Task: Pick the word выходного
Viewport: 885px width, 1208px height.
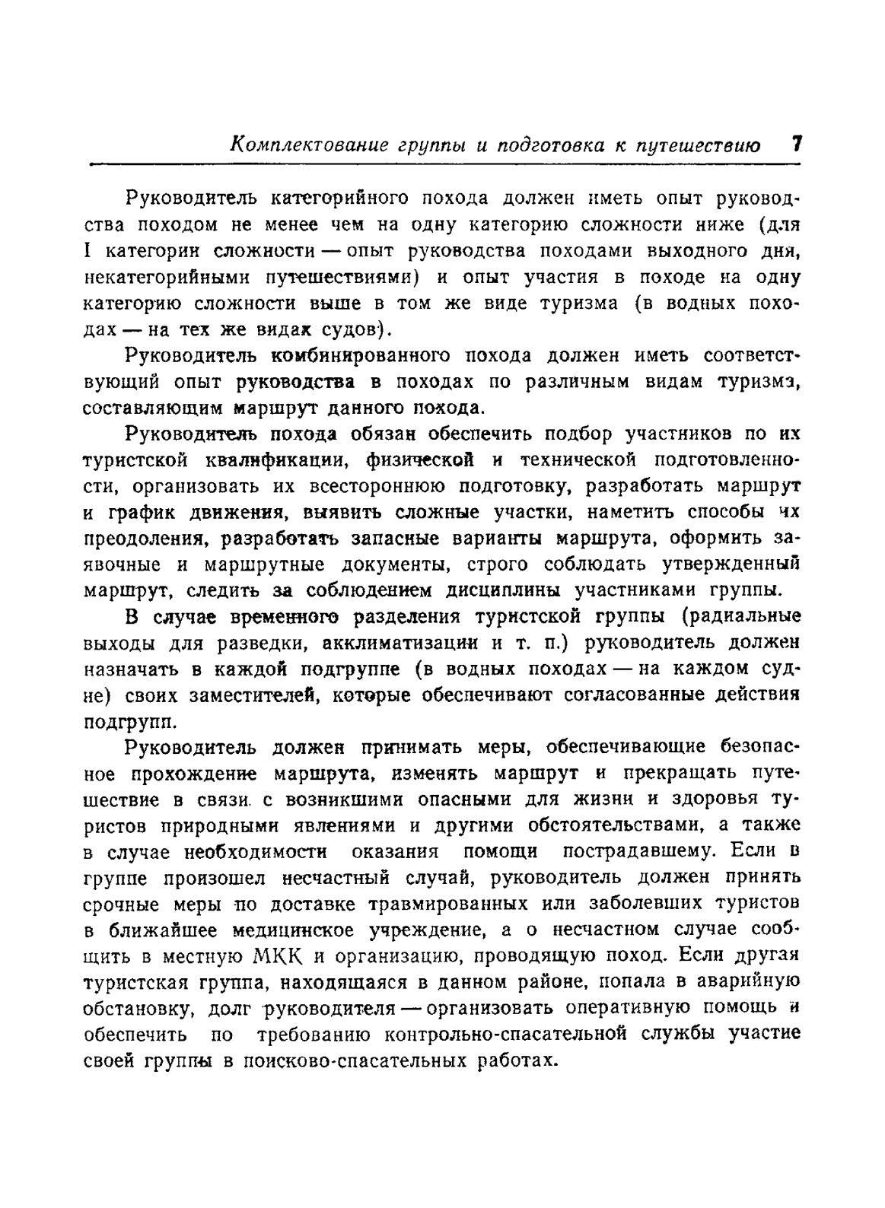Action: (695, 251)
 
